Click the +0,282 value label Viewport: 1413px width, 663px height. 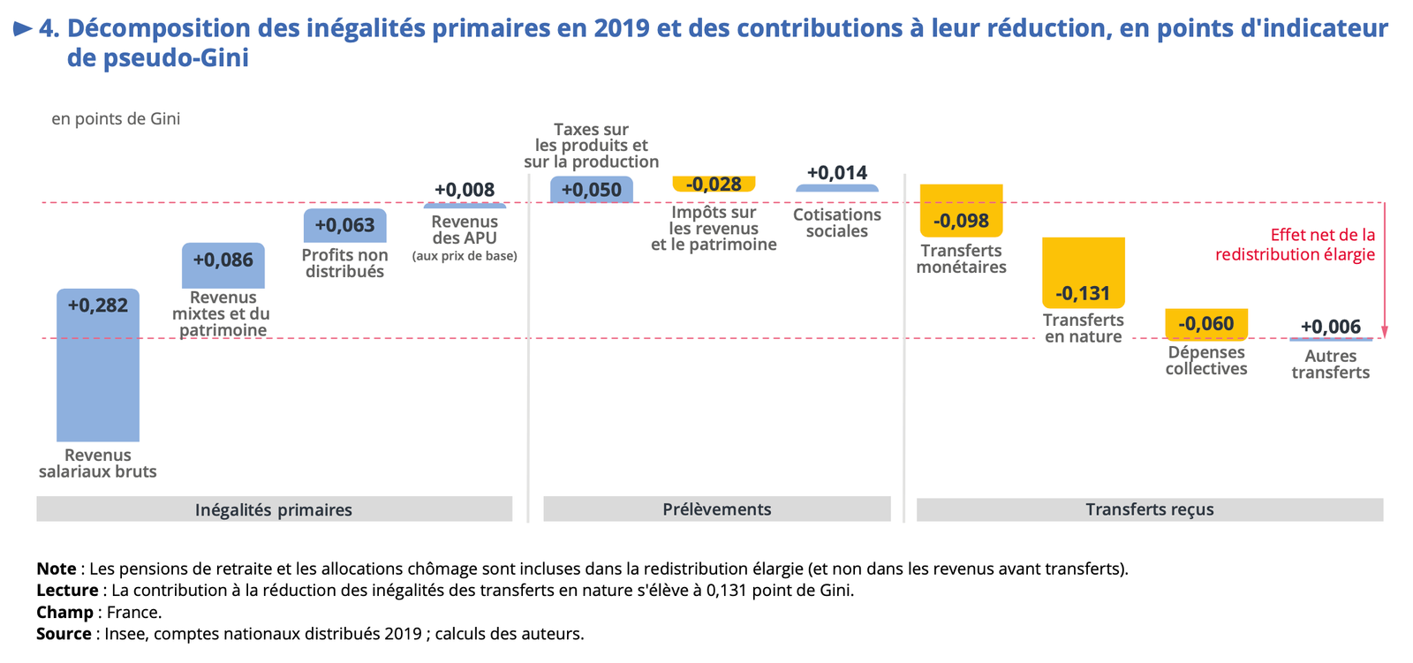(98, 305)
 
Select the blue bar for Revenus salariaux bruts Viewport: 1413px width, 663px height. (98, 380)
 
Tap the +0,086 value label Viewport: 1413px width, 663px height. (223, 260)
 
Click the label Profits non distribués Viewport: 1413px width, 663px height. (344, 263)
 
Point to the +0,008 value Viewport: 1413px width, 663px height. (465, 190)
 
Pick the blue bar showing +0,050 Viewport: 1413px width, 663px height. (591, 190)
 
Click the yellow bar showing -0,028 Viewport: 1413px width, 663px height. (714, 184)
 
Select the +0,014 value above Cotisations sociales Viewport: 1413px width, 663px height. (837, 173)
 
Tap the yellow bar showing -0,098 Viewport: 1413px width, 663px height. (961, 210)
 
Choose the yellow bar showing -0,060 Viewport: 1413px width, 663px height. (1205, 324)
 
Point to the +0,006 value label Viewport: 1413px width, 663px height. (1330, 327)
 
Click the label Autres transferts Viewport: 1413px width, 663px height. (1330, 365)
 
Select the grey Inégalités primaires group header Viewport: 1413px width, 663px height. (274, 509)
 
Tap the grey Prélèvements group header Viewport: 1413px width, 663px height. (716, 509)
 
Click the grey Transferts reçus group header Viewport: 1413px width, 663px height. (1149, 509)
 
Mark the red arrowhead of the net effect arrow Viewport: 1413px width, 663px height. (1384, 332)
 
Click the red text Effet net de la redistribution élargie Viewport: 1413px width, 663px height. (1295, 245)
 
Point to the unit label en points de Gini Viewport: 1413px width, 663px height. (116, 119)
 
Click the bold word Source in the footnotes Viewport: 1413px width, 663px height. (64, 634)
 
